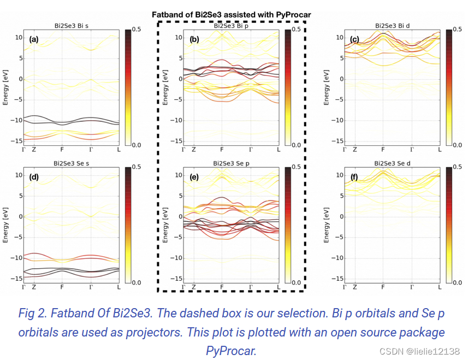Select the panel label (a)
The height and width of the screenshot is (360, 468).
coord(34,39)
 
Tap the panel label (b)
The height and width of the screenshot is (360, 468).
coord(194,39)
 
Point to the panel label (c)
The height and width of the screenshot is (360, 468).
coord(354,39)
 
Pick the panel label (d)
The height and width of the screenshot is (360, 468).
coord(34,177)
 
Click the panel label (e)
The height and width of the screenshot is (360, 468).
coord(194,177)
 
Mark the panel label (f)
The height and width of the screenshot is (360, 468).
coord(354,177)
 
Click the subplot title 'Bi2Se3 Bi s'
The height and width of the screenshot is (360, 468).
coord(71,26)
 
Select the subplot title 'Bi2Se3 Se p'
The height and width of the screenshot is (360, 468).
coord(232,163)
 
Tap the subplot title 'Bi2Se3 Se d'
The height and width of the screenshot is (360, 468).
coord(392,163)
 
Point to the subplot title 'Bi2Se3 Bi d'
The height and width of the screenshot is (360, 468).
coord(392,26)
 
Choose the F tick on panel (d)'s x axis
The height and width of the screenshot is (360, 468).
coord(62,287)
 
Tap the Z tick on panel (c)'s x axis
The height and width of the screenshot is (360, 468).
coord(355,149)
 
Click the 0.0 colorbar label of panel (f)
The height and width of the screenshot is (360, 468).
coord(458,282)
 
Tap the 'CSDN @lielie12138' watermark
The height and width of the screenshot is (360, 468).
coord(419,351)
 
